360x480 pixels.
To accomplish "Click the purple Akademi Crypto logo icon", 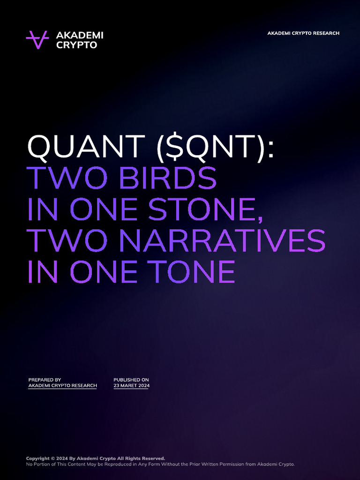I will (x=37, y=40).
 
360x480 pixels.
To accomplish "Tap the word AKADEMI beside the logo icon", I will (x=80, y=35).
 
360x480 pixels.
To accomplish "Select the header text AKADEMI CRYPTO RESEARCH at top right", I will (x=303, y=33).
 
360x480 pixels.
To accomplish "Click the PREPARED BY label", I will (x=45, y=380).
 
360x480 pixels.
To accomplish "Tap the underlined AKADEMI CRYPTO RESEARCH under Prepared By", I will (x=62, y=386).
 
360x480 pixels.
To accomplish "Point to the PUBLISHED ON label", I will (x=131, y=380).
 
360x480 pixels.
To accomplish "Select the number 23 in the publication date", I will (x=116, y=386).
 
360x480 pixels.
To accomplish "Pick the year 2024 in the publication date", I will (x=143, y=386).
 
